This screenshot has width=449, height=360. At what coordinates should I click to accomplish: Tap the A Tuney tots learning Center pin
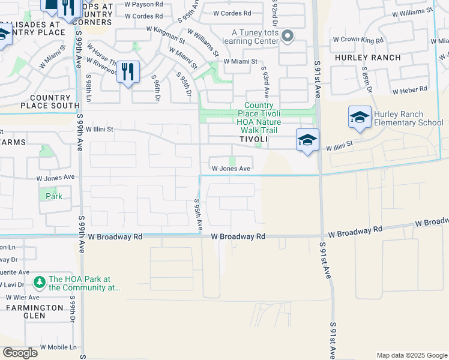[288, 37]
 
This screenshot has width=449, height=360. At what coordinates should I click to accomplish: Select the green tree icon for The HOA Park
[40, 281]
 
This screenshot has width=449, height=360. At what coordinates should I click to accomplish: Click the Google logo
[20, 352]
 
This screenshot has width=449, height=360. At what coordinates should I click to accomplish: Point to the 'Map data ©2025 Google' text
[411, 355]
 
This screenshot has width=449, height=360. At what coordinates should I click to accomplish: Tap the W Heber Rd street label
[409, 89]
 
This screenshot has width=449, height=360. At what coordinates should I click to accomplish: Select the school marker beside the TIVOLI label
[307, 140]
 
